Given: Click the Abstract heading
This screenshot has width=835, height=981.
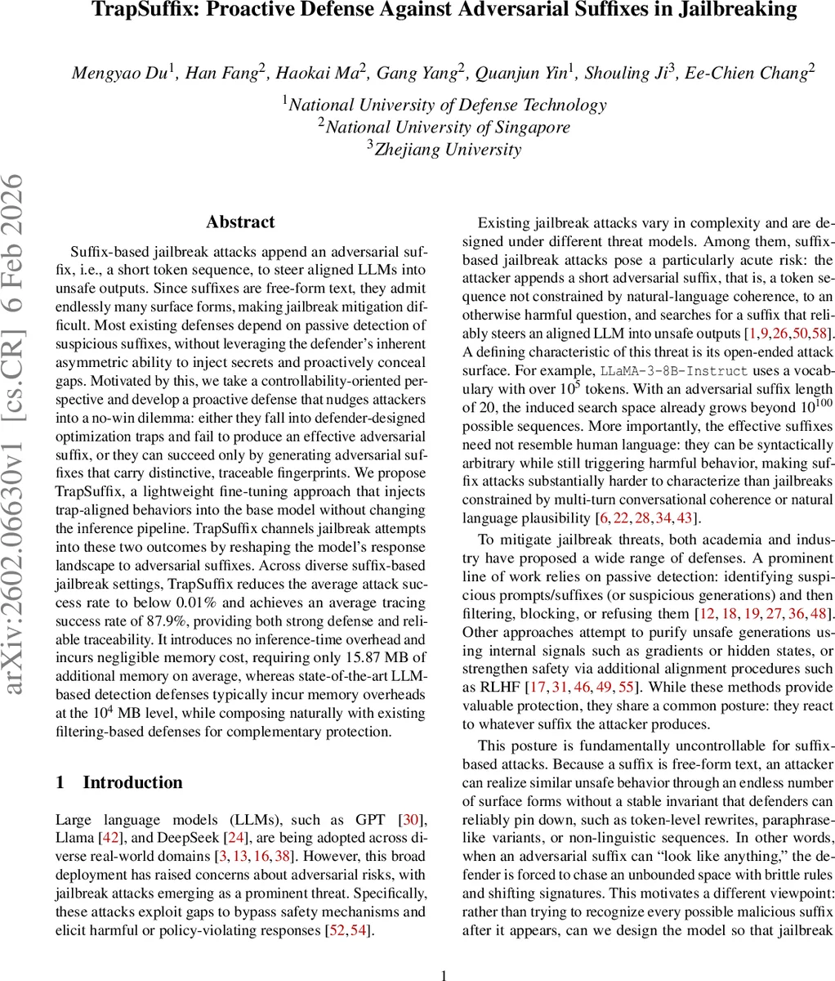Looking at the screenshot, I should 240,222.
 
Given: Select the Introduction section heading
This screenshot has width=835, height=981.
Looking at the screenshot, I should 132,782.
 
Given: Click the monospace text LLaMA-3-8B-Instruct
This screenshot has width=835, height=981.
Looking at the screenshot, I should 674,370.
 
